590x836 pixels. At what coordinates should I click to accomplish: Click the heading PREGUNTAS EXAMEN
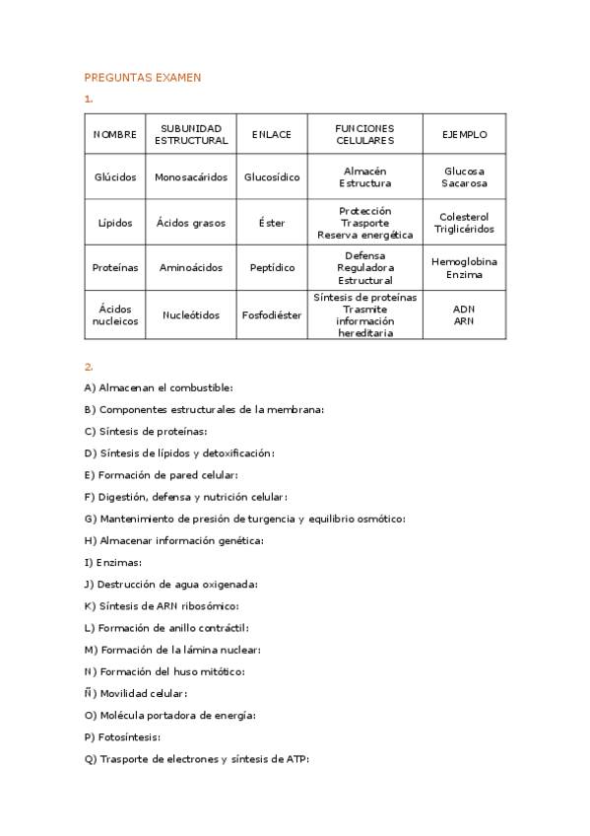click(x=143, y=77)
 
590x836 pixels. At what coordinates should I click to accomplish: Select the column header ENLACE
click(x=271, y=134)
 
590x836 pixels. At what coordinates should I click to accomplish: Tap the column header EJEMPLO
click(x=465, y=134)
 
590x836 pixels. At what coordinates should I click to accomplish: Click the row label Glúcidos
click(x=115, y=177)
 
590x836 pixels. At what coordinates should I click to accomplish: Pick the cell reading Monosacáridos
click(x=191, y=177)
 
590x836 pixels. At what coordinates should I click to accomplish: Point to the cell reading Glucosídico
click(x=272, y=177)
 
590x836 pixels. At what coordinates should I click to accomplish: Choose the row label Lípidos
click(x=115, y=223)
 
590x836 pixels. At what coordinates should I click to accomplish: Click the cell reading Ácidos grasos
click(x=191, y=223)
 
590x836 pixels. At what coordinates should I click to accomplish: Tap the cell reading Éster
click(x=272, y=223)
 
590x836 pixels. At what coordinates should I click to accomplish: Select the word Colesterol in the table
click(x=465, y=217)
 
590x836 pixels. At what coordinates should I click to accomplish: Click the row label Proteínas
click(x=115, y=267)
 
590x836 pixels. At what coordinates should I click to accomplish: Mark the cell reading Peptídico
click(x=272, y=267)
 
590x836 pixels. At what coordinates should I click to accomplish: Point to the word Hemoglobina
click(x=465, y=261)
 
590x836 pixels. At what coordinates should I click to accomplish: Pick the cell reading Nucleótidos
click(x=191, y=315)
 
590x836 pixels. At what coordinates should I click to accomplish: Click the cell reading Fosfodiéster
click(x=272, y=315)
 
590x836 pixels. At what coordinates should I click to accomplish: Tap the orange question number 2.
click(x=89, y=366)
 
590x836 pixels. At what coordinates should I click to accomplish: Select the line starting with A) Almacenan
click(x=159, y=388)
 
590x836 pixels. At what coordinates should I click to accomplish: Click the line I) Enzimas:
click(x=113, y=562)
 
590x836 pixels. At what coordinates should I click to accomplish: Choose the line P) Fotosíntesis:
click(x=122, y=736)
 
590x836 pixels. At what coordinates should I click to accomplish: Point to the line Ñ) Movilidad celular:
click(x=136, y=693)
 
